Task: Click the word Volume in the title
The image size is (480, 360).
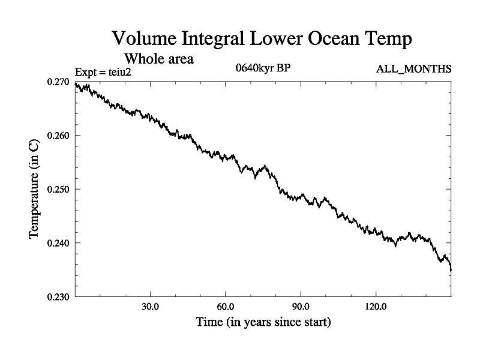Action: pyautogui.click(x=146, y=40)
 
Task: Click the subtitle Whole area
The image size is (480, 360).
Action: pyautogui.click(x=159, y=59)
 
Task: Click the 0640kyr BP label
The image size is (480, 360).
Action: pyautogui.click(x=263, y=68)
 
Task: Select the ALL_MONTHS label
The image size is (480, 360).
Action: pyautogui.click(x=413, y=69)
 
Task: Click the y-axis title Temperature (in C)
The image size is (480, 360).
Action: pyautogui.click(x=35, y=189)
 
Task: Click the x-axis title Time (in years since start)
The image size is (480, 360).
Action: pyautogui.click(x=263, y=323)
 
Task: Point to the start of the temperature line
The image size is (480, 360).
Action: pyautogui.click(x=75, y=83)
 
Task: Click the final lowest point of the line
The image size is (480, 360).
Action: pyautogui.click(x=451, y=271)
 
